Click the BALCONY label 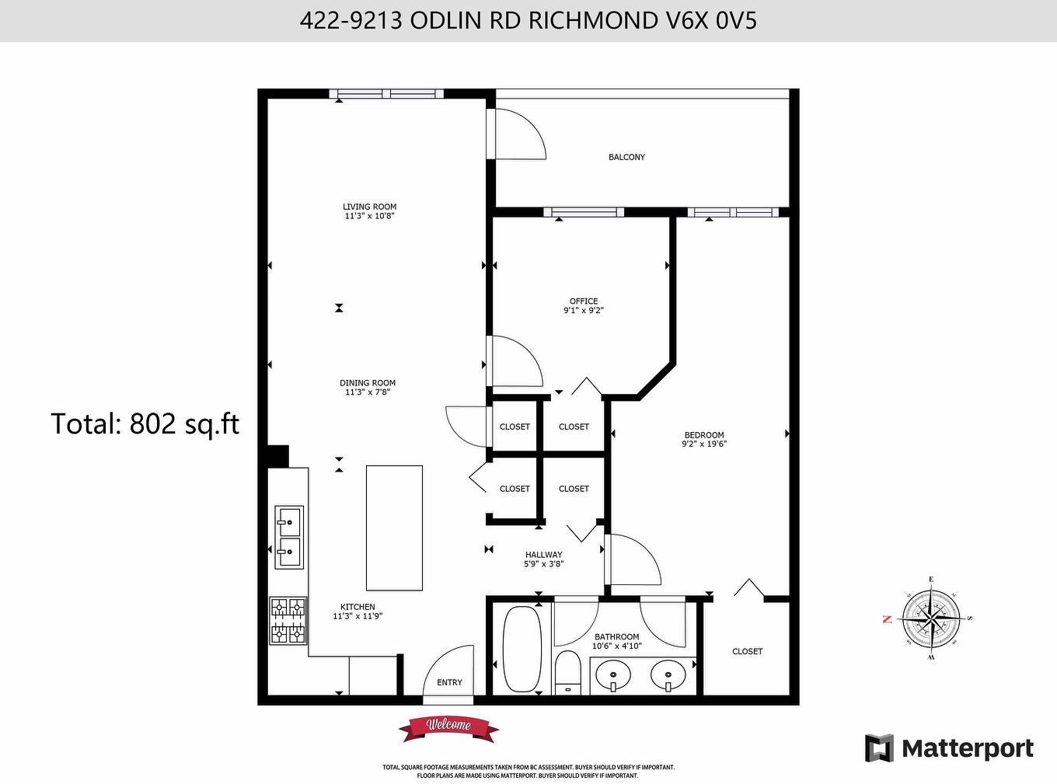[626, 157]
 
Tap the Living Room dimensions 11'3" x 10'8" [369, 216]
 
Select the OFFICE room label [584, 301]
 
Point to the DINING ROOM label [368, 383]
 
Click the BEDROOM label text [704, 435]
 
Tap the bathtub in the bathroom [522, 649]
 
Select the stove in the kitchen [288, 620]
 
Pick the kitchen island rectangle [394, 528]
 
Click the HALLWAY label [543, 555]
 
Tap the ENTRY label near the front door [449, 682]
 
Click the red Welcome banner [448, 727]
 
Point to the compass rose [930, 619]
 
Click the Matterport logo [949, 748]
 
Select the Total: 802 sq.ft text [145, 424]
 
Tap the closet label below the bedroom [747, 651]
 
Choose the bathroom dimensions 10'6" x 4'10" [617, 646]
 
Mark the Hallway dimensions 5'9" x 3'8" [543, 564]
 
